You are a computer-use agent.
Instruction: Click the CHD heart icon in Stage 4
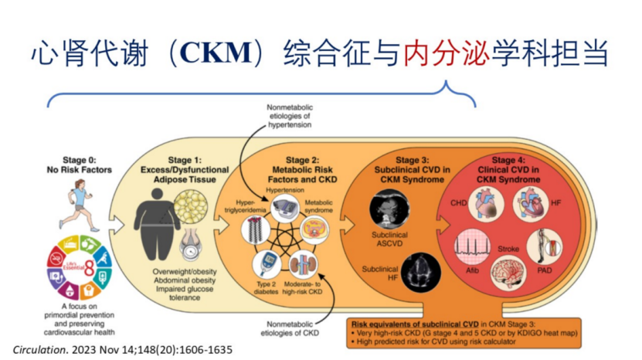pyautogui.click(x=487, y=205)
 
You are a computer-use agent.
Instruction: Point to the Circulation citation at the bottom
pyautogui.click(x=123, y=349)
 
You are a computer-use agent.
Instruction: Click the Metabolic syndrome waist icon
pyautogui.click(x=314, y=229)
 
